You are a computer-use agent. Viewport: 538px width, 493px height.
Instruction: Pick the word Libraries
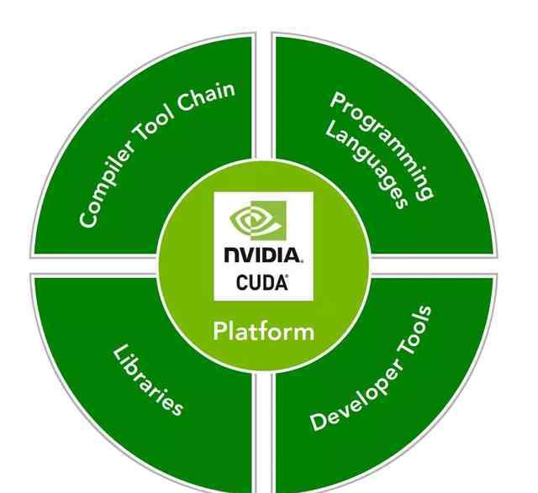click(148, 379)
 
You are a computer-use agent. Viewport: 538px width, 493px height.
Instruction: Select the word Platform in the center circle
click(263, 330)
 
